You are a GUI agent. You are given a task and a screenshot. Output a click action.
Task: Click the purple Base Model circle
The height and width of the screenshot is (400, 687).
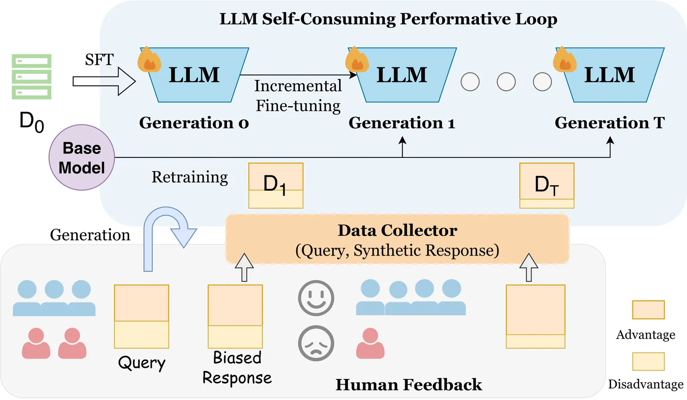pos(82,158)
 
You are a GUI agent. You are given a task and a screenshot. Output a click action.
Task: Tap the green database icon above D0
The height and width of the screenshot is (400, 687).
pos(31,76)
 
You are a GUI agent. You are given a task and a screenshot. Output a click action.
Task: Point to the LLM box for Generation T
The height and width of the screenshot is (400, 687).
pos(610,75)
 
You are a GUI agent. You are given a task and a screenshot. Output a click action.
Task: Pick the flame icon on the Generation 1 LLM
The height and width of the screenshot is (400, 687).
pos(357,60)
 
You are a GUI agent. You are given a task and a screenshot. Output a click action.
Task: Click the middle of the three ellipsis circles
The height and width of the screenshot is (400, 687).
pos(506,82)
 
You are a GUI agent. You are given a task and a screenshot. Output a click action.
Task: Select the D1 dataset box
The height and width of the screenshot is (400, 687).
pos(276,186)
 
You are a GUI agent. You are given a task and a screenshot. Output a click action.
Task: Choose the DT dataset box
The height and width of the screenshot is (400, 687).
pos(547,186)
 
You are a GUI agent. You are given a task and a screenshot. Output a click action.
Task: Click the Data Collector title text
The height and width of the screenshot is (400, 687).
pos(397,231)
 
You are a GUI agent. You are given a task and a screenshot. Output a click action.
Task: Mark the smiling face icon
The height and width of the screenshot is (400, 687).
pos(316,298)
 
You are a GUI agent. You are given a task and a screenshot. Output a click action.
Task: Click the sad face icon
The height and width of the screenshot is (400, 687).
pos(316,343)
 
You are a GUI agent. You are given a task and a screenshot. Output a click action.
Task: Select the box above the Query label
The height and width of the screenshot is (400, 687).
pos(141,317)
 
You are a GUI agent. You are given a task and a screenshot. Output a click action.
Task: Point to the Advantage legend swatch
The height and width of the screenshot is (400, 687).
pos(648,310)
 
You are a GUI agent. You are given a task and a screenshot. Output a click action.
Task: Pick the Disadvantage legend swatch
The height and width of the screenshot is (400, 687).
pos(648,361)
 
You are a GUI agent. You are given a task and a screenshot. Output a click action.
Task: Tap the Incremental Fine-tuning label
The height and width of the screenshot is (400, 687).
pos(298,96)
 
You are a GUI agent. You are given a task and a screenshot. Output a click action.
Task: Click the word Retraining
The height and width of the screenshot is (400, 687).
pos(189,177)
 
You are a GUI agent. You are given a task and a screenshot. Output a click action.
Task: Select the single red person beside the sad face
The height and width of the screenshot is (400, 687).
pos(370,343)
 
